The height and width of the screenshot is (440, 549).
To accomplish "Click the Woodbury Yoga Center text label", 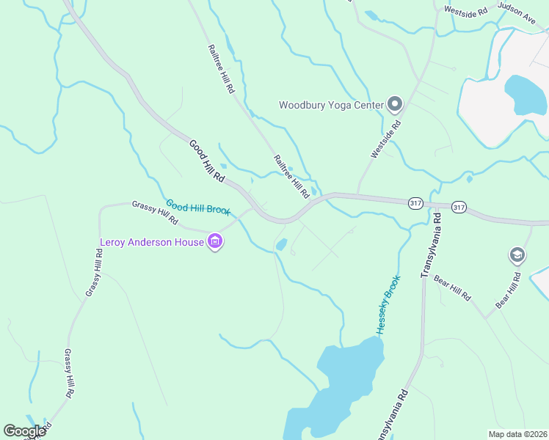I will (x=331, y=105).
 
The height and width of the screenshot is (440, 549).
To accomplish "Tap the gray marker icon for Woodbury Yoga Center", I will (x=395, y=104).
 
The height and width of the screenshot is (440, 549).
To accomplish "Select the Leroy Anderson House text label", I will (x=152, y=241).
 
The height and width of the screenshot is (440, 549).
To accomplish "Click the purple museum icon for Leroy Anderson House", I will (x=215, y=241).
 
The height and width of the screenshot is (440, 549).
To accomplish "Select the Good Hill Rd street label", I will (x=206, y=161).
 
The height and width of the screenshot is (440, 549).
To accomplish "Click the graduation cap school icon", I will (x=517, y=255).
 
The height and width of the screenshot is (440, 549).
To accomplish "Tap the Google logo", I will (x=25, y=431).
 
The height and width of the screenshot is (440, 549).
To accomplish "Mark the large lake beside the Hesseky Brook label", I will (x=345, y=381).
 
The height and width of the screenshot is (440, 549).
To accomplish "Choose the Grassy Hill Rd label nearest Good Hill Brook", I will (x=155, y=213).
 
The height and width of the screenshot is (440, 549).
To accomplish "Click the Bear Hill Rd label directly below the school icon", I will (x=508, y=290).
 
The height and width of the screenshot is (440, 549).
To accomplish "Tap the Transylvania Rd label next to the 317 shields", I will (x=429, y=245).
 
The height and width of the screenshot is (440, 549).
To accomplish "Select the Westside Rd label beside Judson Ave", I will (x=466, y=11).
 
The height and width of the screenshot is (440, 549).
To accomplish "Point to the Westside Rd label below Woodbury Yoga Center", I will (x=387, y=139).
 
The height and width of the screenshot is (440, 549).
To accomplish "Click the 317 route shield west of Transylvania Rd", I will (x=415, y=203).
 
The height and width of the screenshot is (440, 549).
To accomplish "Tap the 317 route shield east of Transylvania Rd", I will (x=459, y=208).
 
